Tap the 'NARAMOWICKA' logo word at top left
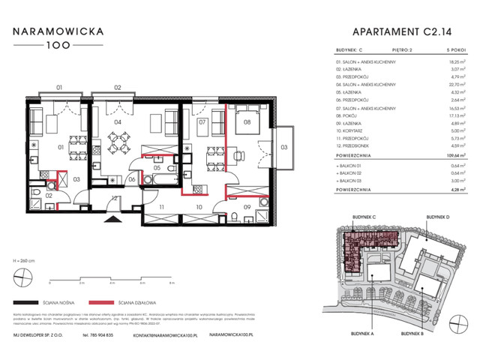(x=63, y=32)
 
